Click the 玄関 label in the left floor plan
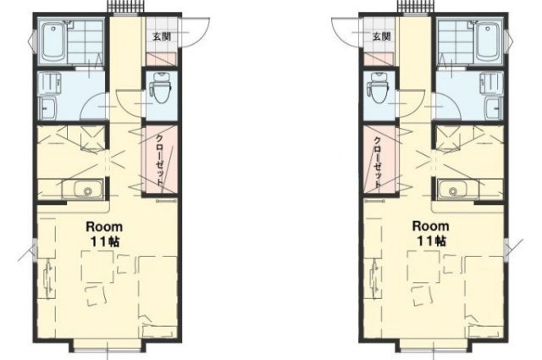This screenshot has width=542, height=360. click(x=162, y=36)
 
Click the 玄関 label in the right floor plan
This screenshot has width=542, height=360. click(x=382, y=36)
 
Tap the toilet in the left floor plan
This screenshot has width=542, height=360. click(x=162, y=88)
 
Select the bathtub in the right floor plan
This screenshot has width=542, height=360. click(x=488, y=42)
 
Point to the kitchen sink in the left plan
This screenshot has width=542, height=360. click(x=83, y=189)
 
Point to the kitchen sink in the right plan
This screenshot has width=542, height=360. click(x=457, y=189)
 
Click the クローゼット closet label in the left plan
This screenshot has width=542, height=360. click(x=160, y=159)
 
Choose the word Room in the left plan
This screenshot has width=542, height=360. click(x=104, y=227)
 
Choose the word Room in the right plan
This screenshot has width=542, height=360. click(x=431, y=226)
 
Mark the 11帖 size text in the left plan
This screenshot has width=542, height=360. click(x=105, y=241)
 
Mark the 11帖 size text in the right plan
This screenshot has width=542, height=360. click(x=431, y=241)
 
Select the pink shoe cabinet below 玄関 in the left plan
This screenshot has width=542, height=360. click(x=162, y=59)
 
